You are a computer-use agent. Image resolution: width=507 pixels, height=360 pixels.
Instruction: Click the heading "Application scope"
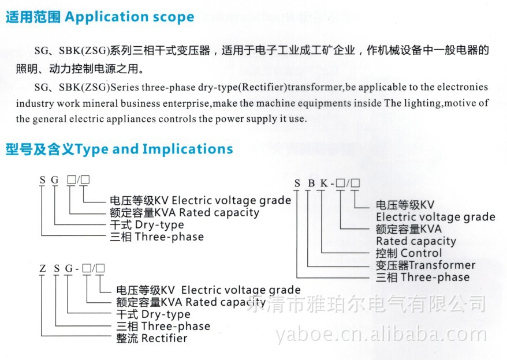pyautogui.click(x=129, y=17)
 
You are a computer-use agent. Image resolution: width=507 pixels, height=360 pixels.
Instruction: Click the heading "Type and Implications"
pyautogui.click(x=154, y=149)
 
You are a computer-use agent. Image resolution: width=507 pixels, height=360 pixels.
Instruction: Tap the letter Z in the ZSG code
pyautogui.click(x=42, y=269)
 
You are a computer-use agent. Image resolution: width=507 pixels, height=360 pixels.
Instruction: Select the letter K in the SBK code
pyautogui.click(x=324, y=184)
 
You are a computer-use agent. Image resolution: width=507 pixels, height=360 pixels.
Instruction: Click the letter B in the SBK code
pyautogui.click(x=310, y=184)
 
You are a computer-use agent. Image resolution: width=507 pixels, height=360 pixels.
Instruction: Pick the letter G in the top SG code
pyautogui.click(x=55, y=180)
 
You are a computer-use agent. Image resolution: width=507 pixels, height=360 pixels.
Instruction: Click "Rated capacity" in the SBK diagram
pyautogui.click(x=416, y=241)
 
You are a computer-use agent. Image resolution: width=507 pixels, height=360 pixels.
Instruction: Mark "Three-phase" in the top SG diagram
pyautogui.click(x=169, y=237)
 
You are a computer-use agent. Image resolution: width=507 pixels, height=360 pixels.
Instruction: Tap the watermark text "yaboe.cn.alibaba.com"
pyautogui.click(x=382, y=334)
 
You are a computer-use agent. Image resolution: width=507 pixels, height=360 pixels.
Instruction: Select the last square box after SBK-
pyautogui.click(x=355, y=184)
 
